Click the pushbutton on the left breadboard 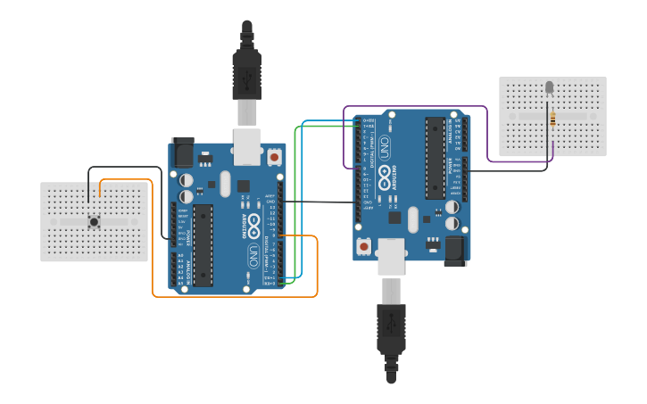94,221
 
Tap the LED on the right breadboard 549,87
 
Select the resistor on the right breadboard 552,119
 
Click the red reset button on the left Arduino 274,158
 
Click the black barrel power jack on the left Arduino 183,153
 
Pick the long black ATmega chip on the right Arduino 435,158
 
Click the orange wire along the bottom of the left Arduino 232,295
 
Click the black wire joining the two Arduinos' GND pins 321,202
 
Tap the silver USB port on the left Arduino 247,146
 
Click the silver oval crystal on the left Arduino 225,184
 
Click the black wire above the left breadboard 125,168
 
